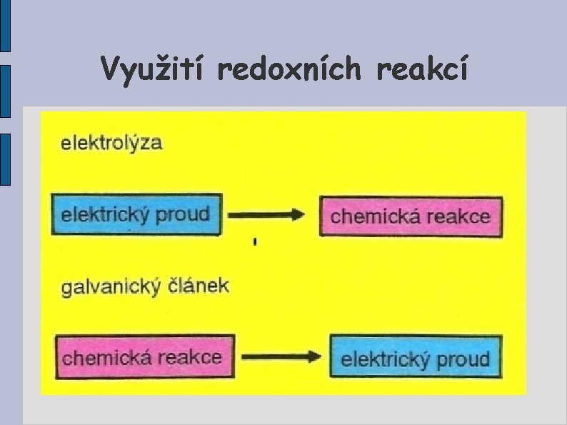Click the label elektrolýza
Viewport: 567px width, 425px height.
[x=111, y=143]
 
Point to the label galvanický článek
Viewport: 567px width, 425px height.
[x=145, y=287]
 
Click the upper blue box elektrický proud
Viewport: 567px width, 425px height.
[x=136, y=214]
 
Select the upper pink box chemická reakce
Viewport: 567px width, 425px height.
[x=411, y=216]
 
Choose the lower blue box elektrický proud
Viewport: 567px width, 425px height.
[x=416, y=358]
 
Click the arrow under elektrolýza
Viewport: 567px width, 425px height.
[x=270, y=215]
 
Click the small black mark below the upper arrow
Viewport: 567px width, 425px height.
[x=255, y=243]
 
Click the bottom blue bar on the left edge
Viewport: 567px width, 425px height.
[x=5, y=159]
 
